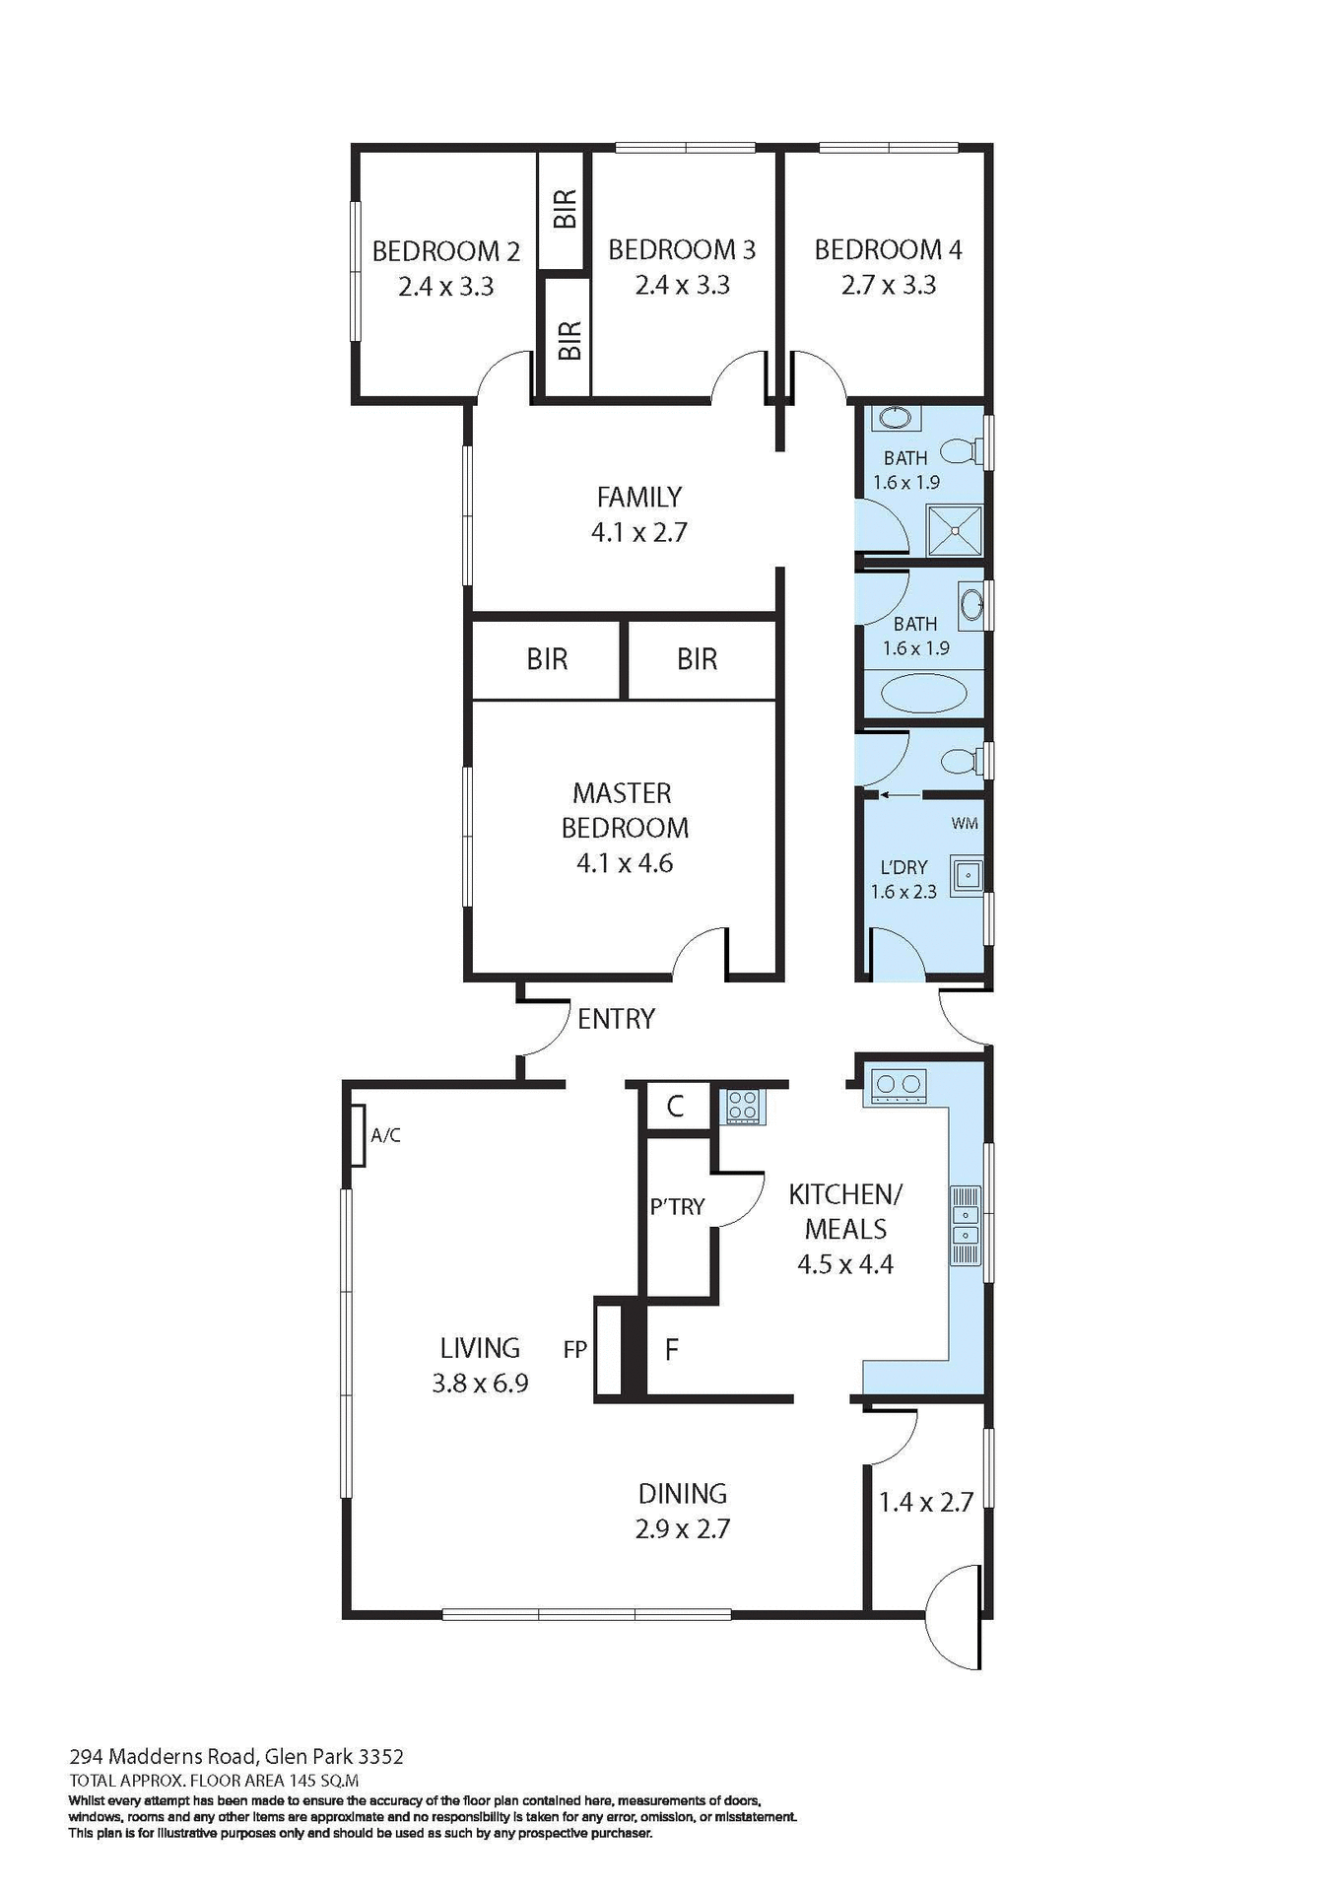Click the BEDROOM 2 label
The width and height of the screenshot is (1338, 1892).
click(x=445, y=251)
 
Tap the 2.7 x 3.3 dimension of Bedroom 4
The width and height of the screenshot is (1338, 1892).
click(x=888, y=285)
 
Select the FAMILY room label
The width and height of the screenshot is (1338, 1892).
click(x=638, y=497)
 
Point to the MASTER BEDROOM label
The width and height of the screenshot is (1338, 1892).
click(x=624, y=810)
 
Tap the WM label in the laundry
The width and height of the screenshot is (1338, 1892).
click(x=965, y=823)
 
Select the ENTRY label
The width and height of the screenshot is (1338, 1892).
click(x=616, y=1019)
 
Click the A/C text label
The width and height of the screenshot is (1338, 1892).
click(x=385, y=1135)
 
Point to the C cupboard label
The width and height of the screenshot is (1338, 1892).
click(x=675, y=1107)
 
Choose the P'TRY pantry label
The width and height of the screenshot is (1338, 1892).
click(x=677, y=1206)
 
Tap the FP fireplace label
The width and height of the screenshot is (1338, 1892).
click(x=575, y=1349)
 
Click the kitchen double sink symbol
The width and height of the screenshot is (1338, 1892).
click(x=965, y=1225)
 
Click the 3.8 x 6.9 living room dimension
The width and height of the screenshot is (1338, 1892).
click(x=480, y=1383)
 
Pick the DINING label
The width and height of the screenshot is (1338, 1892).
click(x=682, y=1493)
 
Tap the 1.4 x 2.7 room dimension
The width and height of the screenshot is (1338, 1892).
click(x=925, y=1502)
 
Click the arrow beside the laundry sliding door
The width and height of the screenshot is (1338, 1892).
click(x=898, y=794)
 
